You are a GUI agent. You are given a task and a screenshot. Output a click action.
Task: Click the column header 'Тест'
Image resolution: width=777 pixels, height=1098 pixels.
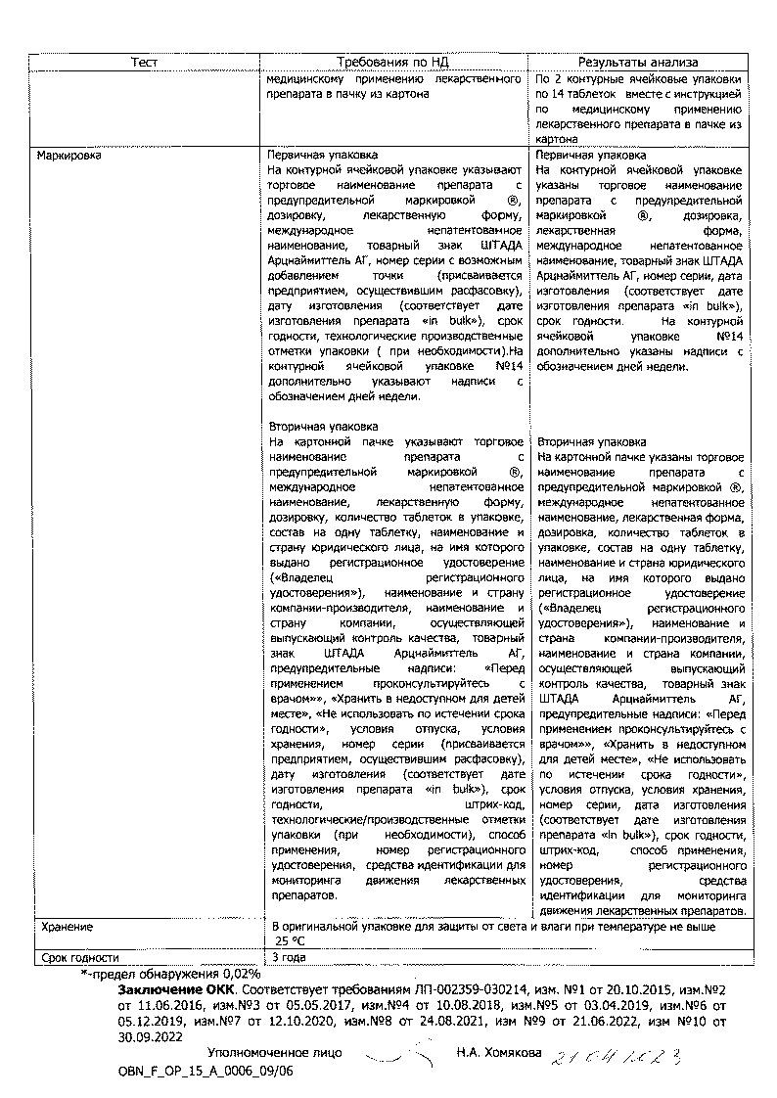point(144,62)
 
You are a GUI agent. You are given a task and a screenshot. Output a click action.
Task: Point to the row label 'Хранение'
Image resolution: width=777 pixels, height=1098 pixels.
point(67,926)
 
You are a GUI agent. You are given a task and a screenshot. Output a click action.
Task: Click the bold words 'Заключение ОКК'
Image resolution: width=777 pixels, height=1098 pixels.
point(169,989)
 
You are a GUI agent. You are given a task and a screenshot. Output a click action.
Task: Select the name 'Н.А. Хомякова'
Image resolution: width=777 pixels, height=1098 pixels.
point(498,1053)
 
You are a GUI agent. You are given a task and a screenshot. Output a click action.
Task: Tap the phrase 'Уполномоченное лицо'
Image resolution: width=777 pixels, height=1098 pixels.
point(274,1053)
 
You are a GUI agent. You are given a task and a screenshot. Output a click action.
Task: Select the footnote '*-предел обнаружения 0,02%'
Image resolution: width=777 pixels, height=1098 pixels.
point(171,974)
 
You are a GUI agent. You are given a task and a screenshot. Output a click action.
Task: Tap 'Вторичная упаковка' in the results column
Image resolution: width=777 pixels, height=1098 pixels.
point(591,441)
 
